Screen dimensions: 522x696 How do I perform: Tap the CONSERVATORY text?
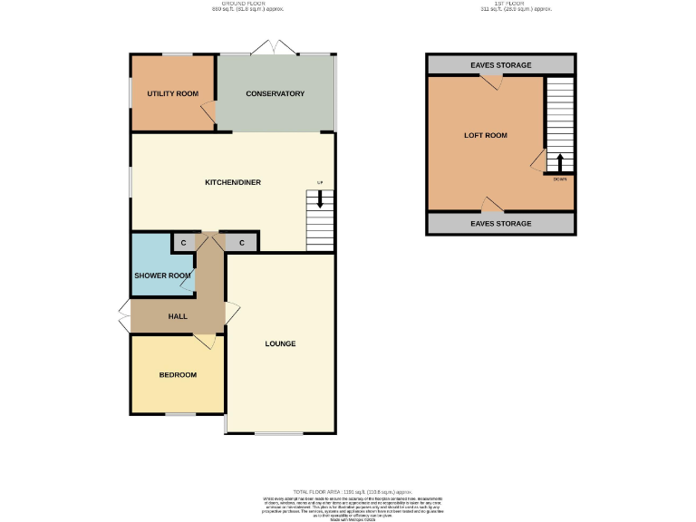(275, 93)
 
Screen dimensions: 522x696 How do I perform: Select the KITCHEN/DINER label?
(232, 182)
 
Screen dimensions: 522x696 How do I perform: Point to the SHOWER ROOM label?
(162, 275)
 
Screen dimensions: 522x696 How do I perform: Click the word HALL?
(177, 316)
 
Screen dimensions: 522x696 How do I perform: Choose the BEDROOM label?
(178, 374)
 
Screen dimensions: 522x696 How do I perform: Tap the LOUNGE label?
(280, 343)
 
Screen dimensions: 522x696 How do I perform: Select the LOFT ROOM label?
(485, 135)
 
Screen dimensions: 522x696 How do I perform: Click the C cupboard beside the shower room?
(182, 243)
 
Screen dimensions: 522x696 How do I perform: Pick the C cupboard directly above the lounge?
(242, 243)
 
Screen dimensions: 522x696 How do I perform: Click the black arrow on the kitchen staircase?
(319, 199)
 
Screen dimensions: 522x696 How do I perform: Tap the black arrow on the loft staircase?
(559, 163)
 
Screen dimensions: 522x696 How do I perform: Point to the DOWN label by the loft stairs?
(560, 179)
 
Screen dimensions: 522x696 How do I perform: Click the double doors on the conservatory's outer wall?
(275, 48)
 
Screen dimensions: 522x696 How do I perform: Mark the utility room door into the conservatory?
(208, 112)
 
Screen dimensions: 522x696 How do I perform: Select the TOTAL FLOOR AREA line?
(352, 490)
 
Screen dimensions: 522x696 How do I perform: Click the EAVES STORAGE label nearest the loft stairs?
(500, 65)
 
